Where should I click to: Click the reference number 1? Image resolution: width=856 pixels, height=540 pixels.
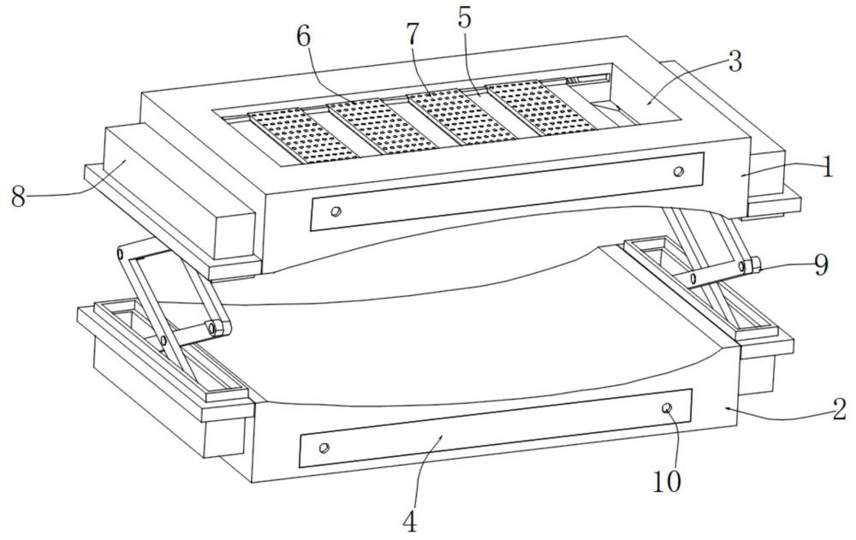828,168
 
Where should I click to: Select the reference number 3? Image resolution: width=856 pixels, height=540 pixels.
735,62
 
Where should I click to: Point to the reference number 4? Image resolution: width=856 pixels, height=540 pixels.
409,523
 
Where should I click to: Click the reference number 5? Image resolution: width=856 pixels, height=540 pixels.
464,19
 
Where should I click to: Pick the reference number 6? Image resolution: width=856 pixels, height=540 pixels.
303,37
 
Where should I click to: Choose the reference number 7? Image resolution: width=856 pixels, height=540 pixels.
413,35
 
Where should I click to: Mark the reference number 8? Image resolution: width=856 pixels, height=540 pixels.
19,197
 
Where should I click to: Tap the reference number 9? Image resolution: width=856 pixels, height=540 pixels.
821,265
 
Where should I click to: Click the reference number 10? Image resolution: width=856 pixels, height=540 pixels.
667,482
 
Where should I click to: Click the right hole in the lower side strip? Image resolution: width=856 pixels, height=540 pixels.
667,408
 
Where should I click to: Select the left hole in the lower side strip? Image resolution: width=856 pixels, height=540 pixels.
324,448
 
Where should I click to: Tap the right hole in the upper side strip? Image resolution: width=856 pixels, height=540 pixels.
679,171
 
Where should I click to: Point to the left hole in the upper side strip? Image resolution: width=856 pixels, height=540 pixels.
336,211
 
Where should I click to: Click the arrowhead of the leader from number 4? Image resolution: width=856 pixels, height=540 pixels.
443,436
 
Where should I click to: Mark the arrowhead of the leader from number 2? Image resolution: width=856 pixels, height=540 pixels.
727,407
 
